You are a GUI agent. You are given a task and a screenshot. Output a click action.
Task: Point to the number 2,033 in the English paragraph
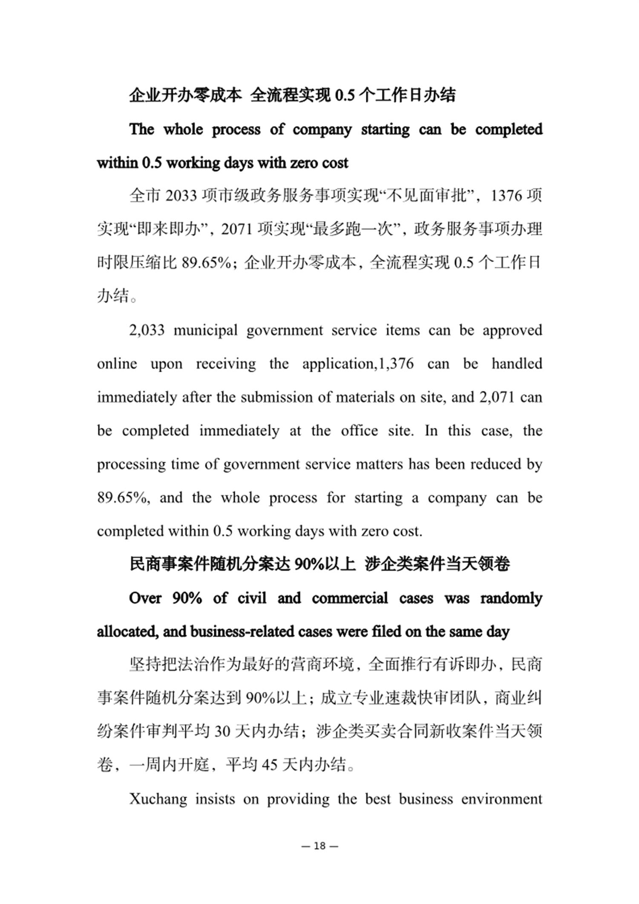(147, 331)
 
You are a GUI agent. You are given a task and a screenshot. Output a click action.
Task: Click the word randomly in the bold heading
(511, 598)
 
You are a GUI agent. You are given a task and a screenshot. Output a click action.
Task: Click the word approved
(512, 331)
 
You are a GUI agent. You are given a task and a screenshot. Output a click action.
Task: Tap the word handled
(517, 364)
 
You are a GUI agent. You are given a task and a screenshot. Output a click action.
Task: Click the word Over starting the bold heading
(145, 598)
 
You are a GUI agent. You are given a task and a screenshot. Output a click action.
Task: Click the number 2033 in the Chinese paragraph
(181, 196)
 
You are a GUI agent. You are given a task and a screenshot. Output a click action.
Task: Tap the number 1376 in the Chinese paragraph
(507, 196)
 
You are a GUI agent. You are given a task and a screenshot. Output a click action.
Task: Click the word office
(359, 431)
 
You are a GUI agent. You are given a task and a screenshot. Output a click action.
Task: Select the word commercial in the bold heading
(350, 598)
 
